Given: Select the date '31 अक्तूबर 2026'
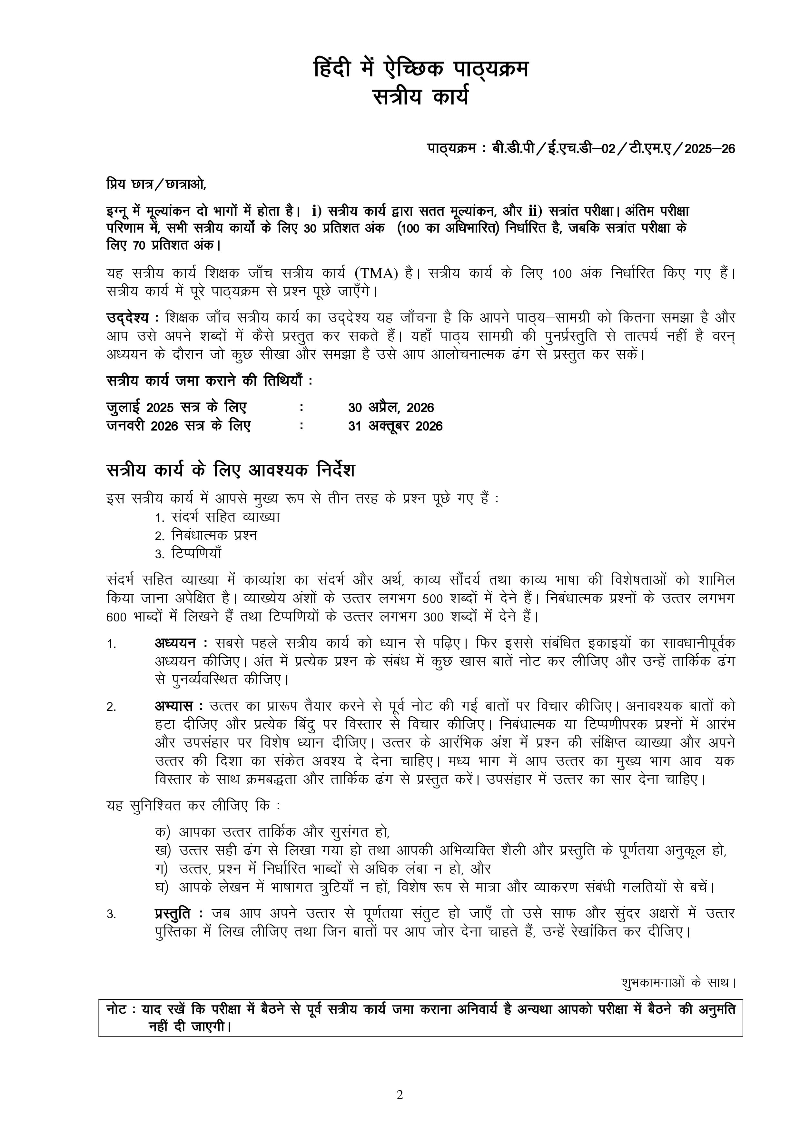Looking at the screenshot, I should coord(395,426).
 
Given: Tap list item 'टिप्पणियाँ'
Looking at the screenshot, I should coord(196,554).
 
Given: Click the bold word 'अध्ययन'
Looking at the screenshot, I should coord(175,643).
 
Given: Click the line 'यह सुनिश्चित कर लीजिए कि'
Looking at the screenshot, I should coord(193,806).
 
